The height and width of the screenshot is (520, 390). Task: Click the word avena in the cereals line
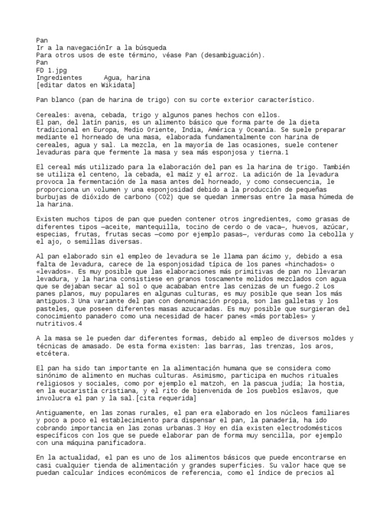point(85,115)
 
